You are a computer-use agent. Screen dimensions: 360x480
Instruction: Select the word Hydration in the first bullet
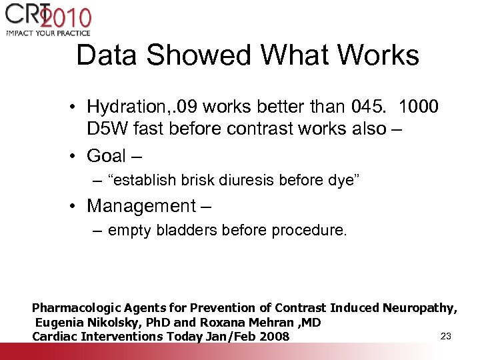tap(125, 107)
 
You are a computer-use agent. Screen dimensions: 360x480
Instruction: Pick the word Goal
tap(107, 156)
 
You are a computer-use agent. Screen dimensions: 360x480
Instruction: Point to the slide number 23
tap(446, 335)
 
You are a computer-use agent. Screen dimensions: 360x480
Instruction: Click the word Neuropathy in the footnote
tap(419, 308)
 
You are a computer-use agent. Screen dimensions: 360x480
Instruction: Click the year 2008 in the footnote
tap(273, 336)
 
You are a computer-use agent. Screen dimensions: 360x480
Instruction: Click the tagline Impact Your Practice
tap(48, 33)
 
